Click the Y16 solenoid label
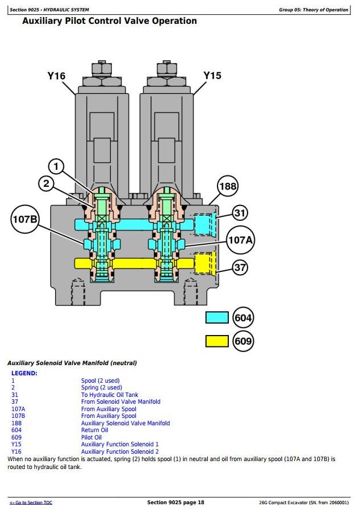pyautogui.click(x=56, y=76)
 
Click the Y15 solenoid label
pyautogui.click(x=212, y=76)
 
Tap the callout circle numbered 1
pyautogui.click(x=56, y=166)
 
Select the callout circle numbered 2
pyautogui.click(x=47, y=183)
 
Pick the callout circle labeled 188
pyautogui.click(x=228, y=186)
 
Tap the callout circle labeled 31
pyautogui.click(x=241, y=213)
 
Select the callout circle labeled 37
pyautogui.click(x=241, y=267)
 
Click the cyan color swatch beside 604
pyautogui.click(x=217, y=317)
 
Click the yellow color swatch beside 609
pyautogui.click(x=217, y=341)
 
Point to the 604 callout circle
pyautogui.click(x=244, y=317)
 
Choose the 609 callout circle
pyautogui.click(x=244, y=341)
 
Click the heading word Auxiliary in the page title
pyautogui.click(x=44, y=21)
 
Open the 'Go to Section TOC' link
pyautogui.click(x=31, y=503)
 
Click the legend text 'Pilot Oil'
pyautogui.click(x=91, y=437)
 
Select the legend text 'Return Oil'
pyautogui.click(x=94, y=430)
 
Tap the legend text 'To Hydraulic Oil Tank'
pyautogui.click(x=110, y=395)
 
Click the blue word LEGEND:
pyautogui.click(x=24, y=373)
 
